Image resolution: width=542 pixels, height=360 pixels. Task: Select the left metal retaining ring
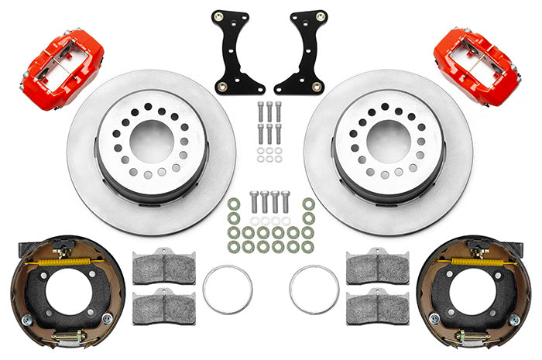point(227,290)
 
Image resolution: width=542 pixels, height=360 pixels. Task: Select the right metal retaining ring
point(314,290)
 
